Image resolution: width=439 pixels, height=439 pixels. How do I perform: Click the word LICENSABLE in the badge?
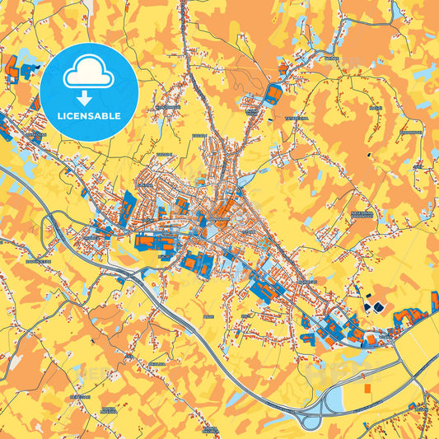89,115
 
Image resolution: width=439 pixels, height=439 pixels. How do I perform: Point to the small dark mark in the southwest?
97,339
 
